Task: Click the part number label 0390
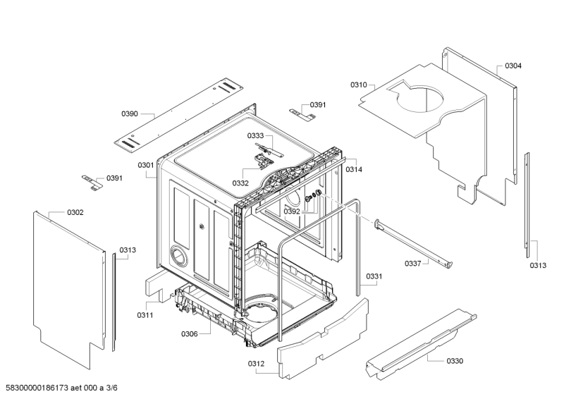(x=130, y=113)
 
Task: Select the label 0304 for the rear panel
(x=513, y=66)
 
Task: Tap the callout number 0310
(x=359, y=85)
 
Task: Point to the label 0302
(x=75, y=212)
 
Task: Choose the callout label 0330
(x=455, y=361)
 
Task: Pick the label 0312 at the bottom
(x=256, y=364)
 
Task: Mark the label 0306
(x=190, y=334)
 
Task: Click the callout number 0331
(x=374, y=276)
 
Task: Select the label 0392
(x=292, y=210)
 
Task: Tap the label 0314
(x=355, y=169)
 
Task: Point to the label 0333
(x=255, y=135)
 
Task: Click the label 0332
(x=240, y=183)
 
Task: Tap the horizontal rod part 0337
(x=412, y=243)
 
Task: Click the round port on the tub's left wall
(x=179, y=254)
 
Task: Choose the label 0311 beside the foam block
(x=145, y=315)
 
